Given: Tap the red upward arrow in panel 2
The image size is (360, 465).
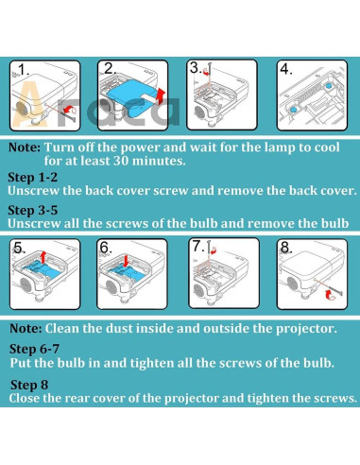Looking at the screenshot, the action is point(161,96).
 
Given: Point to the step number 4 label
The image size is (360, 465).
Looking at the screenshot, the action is point(286,69).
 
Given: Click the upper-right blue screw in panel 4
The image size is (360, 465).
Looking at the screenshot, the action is point(329,85).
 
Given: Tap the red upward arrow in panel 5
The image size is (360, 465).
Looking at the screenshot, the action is point(43,257).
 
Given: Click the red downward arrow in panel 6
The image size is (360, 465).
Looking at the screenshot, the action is point(127,261).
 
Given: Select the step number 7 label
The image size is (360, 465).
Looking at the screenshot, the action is point(197,246).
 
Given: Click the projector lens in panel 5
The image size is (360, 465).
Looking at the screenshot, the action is point(26,284).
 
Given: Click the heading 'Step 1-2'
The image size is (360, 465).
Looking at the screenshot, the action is point(33,177).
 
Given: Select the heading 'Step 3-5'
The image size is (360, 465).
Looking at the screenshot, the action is point(33,210).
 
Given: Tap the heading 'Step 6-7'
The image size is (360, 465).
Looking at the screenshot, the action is point(34,349).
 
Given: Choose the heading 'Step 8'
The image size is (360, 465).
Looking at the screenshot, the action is point(29,385).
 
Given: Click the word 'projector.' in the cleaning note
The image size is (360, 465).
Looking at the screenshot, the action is point(306,329).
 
